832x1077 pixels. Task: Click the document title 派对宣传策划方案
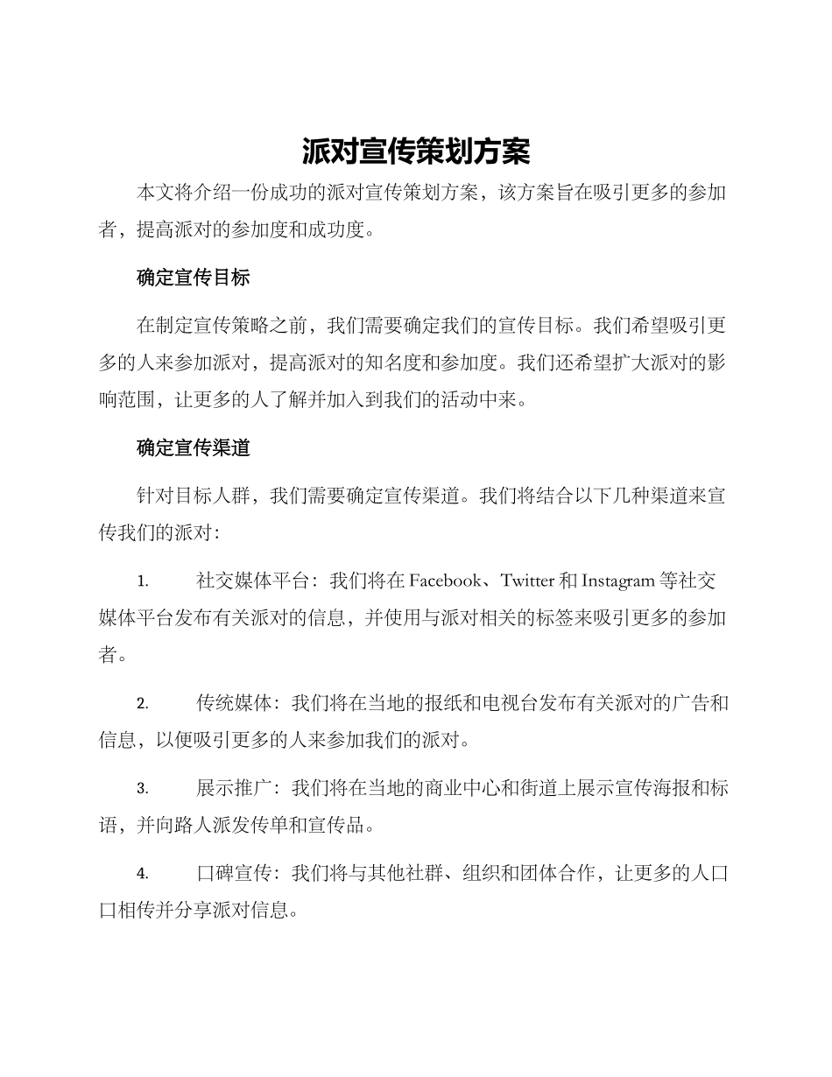[x=416, y=151]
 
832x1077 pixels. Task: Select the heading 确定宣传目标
[x=194, y=278]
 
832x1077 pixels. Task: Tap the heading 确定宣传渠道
[x=194, y=447]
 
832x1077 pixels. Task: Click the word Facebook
[x=445, y=581]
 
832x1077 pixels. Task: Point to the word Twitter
[x=527, y=581]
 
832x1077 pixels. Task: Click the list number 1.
[x=142, y=581]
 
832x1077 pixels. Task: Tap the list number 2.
[x=142, y=704]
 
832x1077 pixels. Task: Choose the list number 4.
[x=142, y=874]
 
